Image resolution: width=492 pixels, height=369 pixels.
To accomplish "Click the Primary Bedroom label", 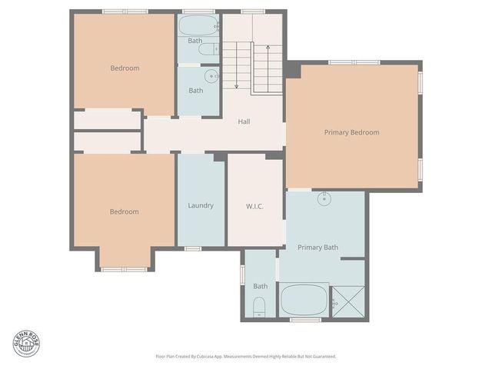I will point(351,132).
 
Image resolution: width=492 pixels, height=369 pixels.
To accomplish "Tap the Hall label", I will point(244,121).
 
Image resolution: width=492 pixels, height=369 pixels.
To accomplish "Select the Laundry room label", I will point(201,205).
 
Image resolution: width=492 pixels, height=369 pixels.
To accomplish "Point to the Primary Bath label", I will point(317,247).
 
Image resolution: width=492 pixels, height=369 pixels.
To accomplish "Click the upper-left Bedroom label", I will point(125,68).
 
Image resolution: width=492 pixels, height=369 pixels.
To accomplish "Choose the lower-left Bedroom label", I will point(124,211).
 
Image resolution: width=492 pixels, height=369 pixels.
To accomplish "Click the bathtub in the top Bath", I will point(196,27).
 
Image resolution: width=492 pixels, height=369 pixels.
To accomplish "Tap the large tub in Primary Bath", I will point(304,299).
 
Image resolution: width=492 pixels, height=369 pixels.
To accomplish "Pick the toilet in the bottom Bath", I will point(259,310).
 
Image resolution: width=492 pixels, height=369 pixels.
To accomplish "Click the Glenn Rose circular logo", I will point(25,343).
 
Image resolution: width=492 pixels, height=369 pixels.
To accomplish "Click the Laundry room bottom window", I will point(193,248).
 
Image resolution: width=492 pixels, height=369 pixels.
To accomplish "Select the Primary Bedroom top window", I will point(354,62).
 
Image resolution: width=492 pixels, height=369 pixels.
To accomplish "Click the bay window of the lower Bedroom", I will point(125,268).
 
